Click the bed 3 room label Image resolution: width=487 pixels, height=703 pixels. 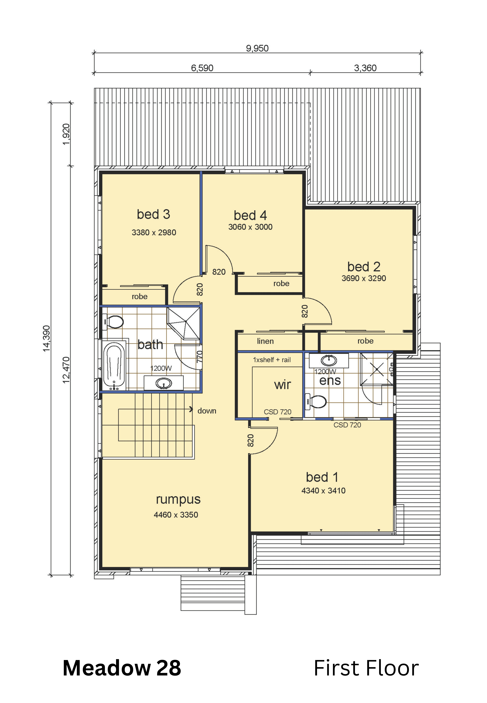click(153, 214)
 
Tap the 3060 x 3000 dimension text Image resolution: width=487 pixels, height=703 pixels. click(250, 227)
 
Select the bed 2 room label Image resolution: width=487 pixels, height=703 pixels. click(364, 267)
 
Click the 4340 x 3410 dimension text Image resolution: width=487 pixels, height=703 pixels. click(323, 491)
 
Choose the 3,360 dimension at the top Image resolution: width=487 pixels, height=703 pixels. click(365, 68)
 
